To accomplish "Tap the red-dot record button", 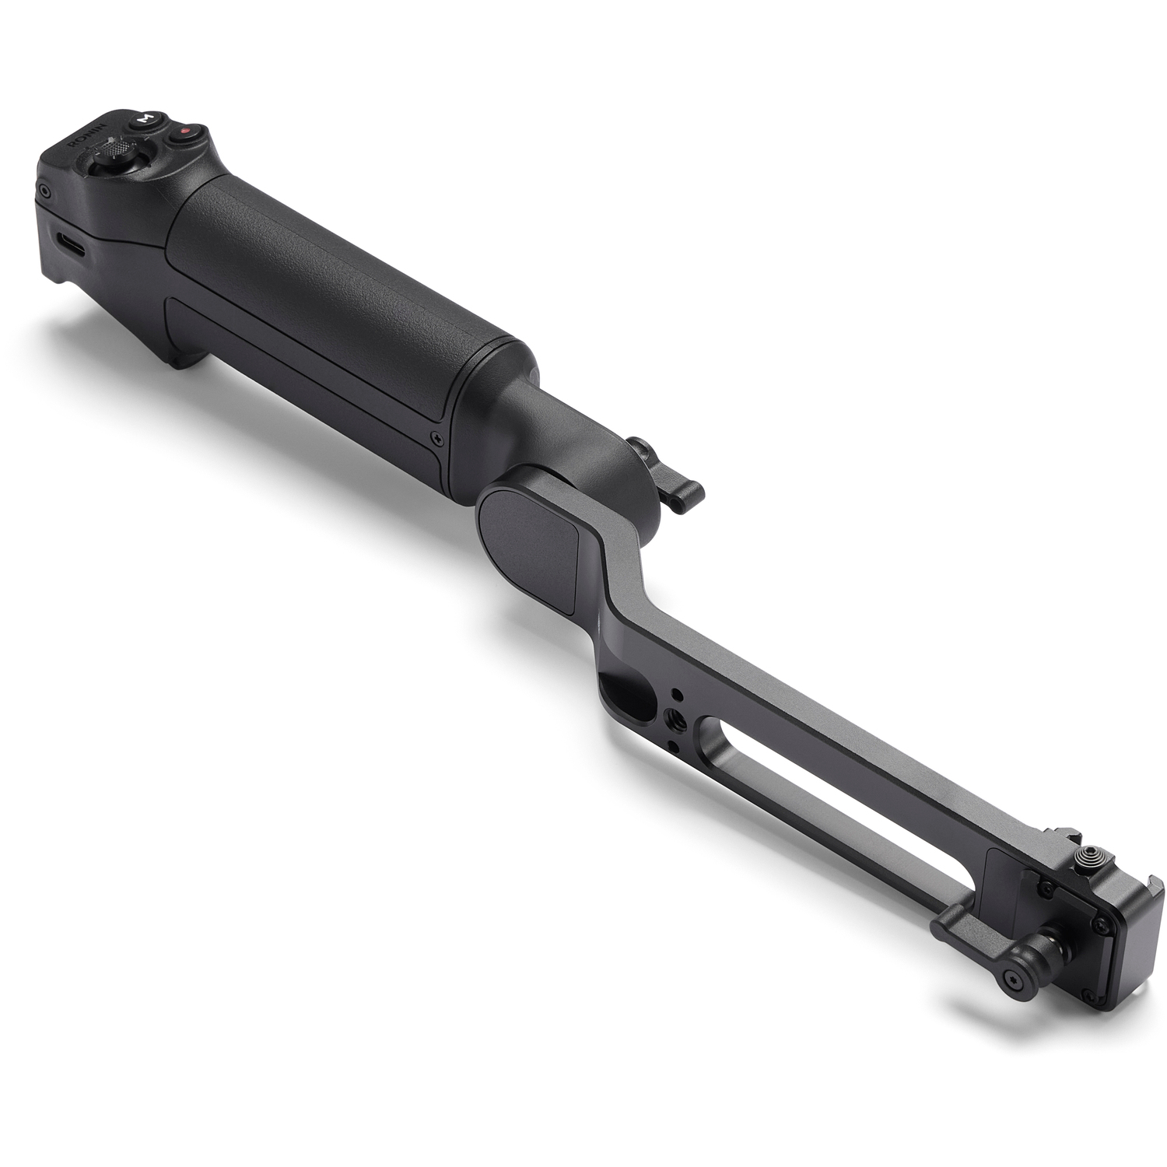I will click(x=184, y=133).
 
